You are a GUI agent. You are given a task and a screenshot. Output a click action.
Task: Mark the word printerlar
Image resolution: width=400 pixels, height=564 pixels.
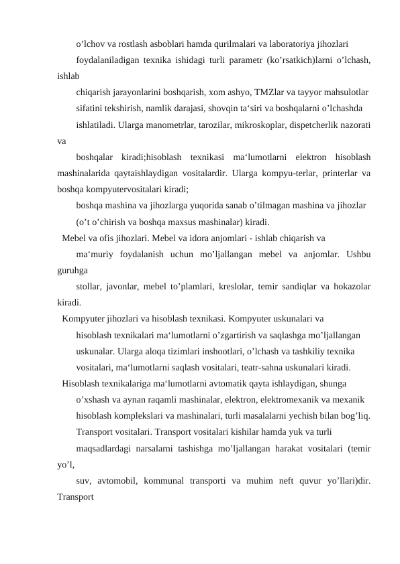[330, 173]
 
